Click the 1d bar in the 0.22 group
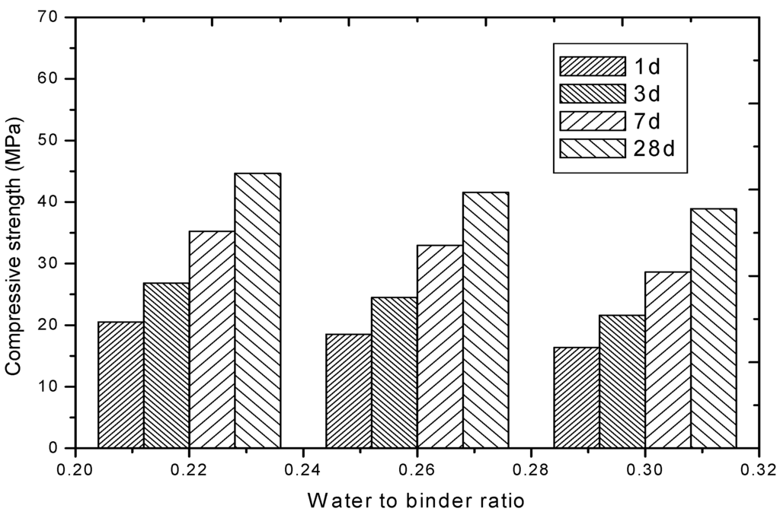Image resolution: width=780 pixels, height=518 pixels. tap(121, 385)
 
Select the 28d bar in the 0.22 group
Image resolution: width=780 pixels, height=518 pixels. tap(257, 310)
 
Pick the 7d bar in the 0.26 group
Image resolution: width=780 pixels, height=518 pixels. tap(440, 346)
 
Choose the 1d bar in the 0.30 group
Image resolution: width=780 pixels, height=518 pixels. tap(577, 397)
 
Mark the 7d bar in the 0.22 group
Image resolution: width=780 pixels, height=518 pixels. tap(212, 339)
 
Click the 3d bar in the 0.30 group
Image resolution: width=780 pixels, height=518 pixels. tap(622, 381)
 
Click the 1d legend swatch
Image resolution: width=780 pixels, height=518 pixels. tap(591, 66)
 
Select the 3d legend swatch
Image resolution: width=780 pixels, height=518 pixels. tap(591, 94)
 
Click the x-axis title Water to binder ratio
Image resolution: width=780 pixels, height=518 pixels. tap(416, 500)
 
